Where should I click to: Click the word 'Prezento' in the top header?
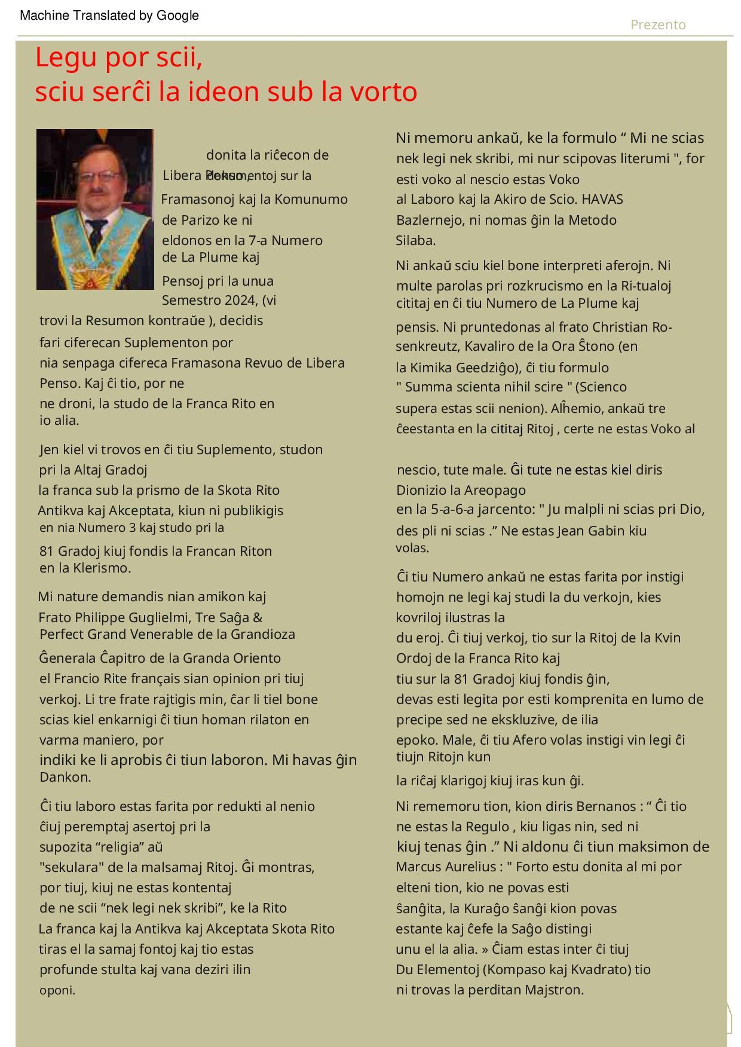pos(658,25)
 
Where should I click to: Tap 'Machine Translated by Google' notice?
pos(109,16)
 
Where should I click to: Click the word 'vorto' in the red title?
pos(384,92)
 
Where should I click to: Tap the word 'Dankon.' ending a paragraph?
pos(65,777)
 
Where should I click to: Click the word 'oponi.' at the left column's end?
pos(57,990)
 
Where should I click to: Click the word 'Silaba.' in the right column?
pos(416,241)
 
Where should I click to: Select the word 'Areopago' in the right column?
pos(497,491)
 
